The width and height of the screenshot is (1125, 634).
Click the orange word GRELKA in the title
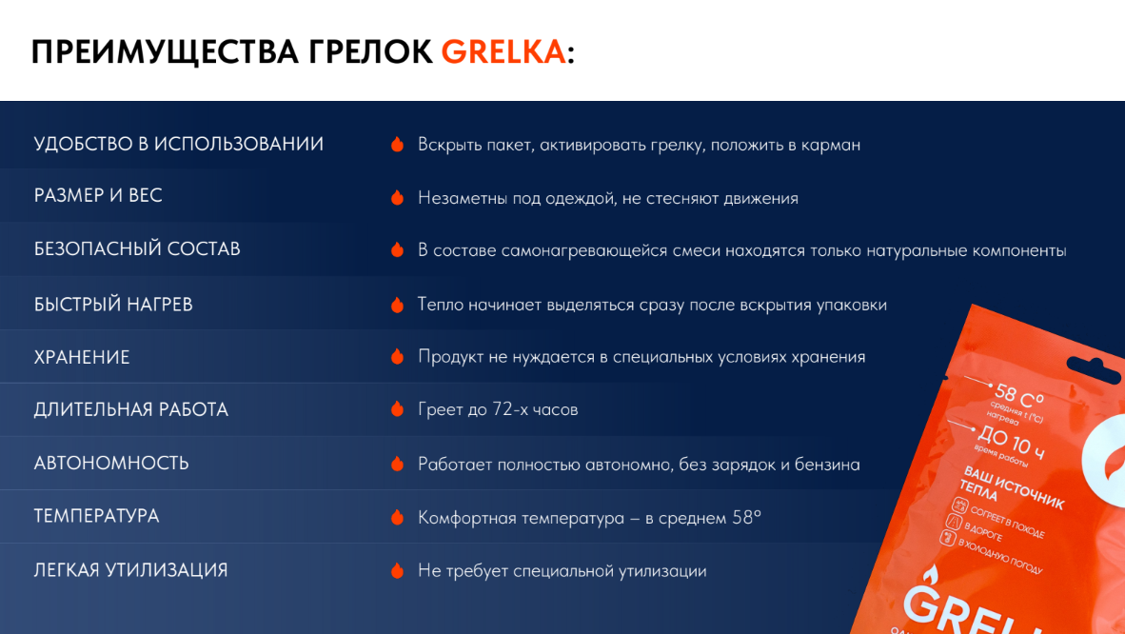503,52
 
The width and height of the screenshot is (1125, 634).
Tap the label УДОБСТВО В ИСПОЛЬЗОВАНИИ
179,144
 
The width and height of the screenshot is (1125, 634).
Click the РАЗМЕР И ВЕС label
98,195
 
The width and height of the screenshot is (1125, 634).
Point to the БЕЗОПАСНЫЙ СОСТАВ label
137,248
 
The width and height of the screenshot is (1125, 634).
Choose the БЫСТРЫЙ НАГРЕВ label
113,305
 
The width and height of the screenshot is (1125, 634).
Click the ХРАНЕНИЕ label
82,357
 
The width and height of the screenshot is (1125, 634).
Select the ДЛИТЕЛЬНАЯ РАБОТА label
131,409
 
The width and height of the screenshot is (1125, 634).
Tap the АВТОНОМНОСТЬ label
111,463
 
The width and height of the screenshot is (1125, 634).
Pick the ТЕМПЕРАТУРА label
96,516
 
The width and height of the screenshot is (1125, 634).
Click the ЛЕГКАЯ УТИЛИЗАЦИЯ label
130,570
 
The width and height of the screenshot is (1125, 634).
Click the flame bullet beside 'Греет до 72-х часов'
398,409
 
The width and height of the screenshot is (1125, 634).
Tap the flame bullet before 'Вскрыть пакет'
398,145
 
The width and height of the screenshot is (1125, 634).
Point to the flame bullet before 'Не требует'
398,571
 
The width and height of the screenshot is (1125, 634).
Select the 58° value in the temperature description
747,517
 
